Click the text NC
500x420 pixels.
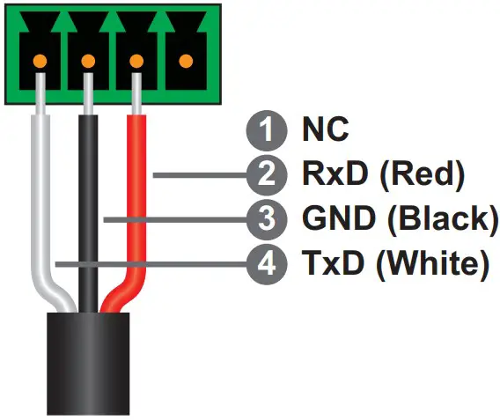325,131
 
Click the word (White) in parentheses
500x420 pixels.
431,262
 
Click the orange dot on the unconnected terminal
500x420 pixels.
186,62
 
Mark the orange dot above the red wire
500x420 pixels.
137,62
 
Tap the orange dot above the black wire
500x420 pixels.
89,62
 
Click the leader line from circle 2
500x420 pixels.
198,174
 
